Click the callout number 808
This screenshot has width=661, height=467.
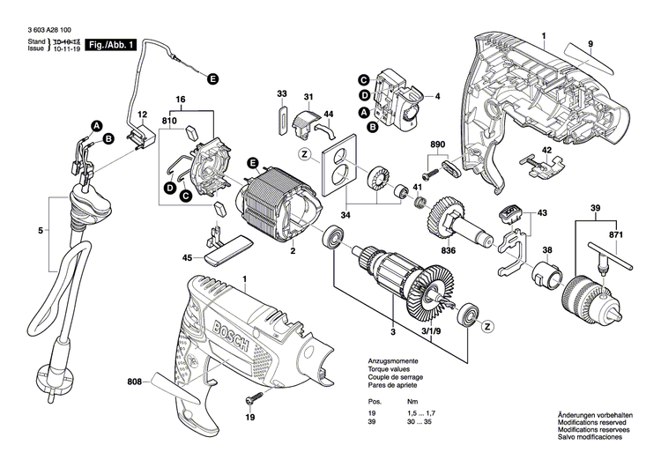click(x=133, y=382)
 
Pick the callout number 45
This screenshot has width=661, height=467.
click(x=187, y=258)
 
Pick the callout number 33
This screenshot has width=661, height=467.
click(x=282, y=93)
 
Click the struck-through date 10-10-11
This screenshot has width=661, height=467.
click(x=63, y=41)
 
